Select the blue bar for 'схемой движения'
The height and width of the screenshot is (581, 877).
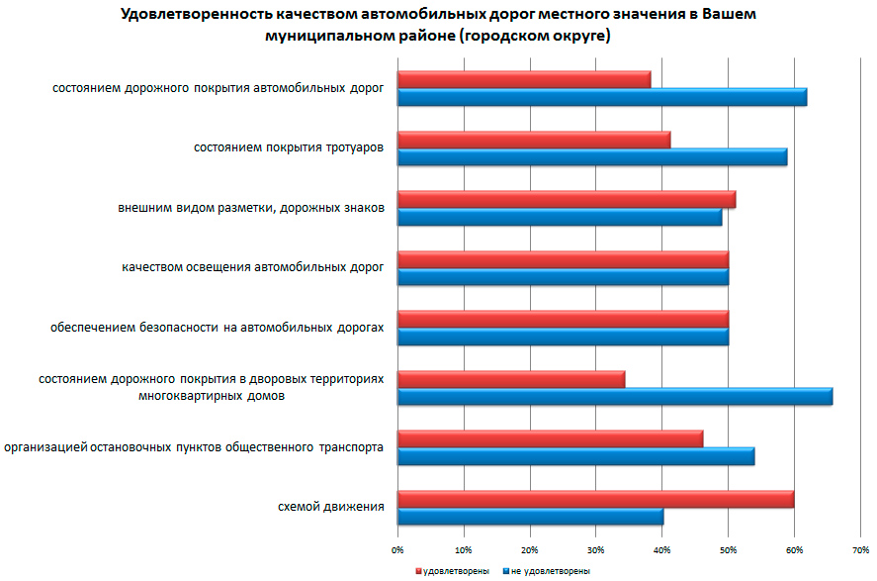(530, 517)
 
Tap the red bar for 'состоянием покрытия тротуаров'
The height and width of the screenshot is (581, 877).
(534, 140)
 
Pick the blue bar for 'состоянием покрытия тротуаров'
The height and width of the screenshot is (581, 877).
(592, 157)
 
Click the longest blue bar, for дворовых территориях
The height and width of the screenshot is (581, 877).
(615, 397)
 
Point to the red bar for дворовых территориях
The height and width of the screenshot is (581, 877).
(511, 379)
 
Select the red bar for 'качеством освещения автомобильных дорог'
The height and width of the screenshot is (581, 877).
(563, 259)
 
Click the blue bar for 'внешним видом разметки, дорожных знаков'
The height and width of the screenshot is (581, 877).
(560, 218)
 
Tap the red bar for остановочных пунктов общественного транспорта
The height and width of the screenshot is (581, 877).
(550, 438)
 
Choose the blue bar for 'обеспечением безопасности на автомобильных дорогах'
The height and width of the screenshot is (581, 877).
(563, 338)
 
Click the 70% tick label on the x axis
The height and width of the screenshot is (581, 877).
(860, 548)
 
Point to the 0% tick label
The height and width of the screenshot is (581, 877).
(397, 548)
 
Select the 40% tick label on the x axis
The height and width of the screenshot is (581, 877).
(661, 548)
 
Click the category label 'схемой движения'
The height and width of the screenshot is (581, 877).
(331, 508)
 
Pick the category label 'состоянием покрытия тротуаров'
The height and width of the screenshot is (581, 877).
(289, 148)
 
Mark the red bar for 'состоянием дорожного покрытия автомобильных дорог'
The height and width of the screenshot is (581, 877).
(524, 79)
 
